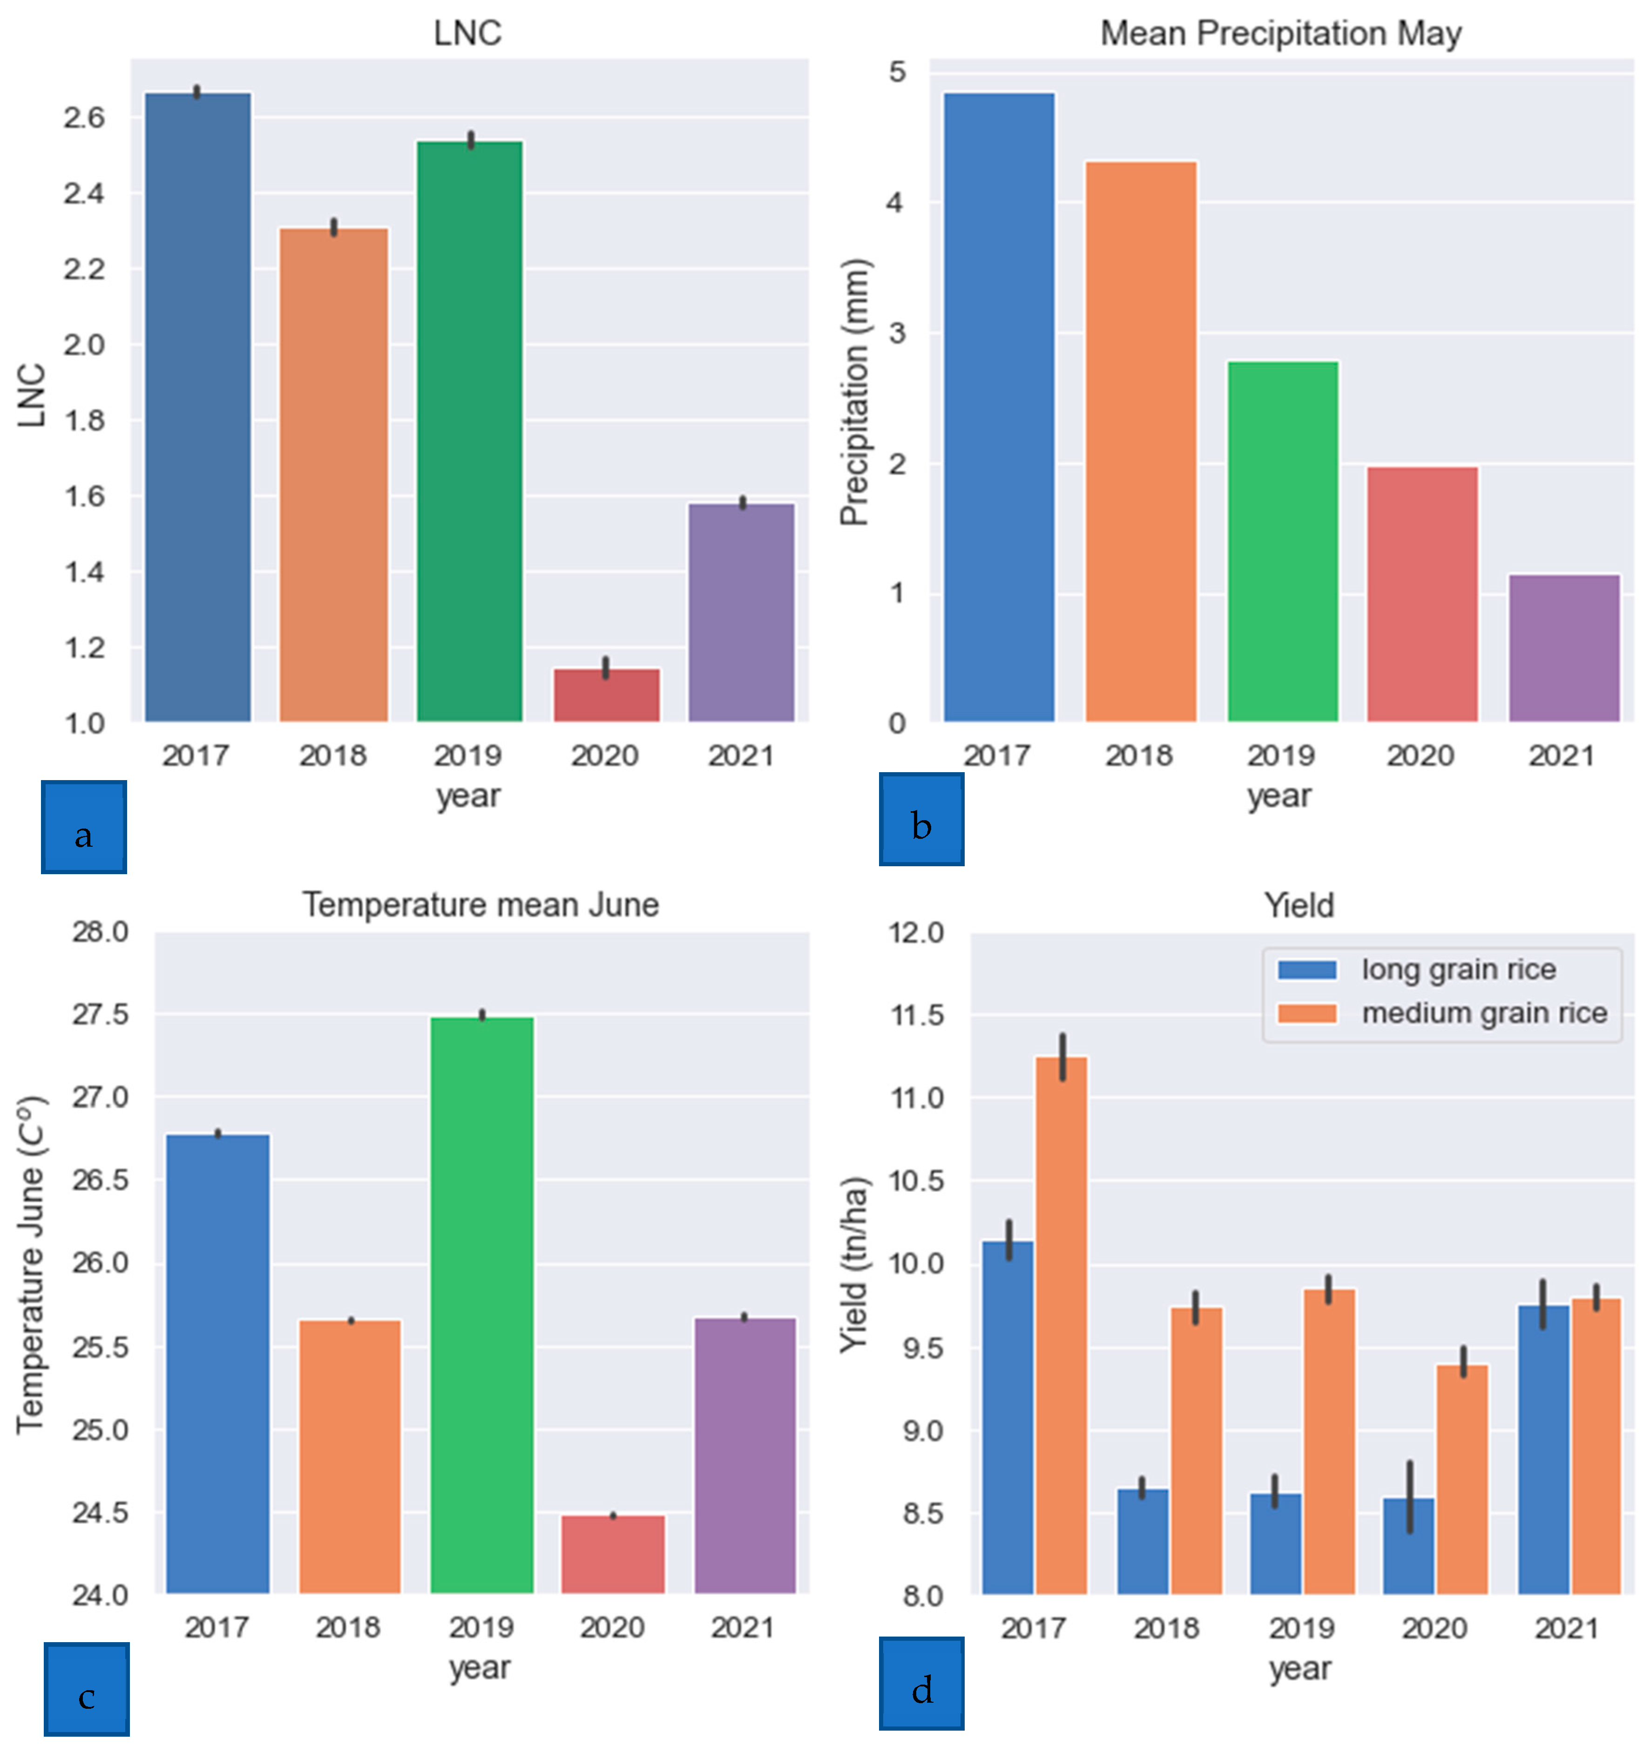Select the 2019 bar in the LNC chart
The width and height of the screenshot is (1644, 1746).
[x=470, y=430]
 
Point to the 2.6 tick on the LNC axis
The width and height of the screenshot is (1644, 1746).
[x=83, y=117]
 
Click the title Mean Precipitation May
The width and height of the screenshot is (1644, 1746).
[x=1280, y=34]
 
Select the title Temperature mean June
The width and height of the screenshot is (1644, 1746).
[x=480, y=904]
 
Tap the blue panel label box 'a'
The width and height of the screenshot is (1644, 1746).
[x=83, y=827]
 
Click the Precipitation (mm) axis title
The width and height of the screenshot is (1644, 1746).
[x=853, y=393]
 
